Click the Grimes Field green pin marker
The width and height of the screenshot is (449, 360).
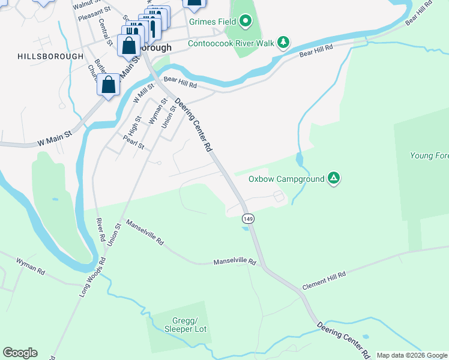click(245, 23)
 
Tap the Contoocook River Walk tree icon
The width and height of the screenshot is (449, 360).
click(283, 43)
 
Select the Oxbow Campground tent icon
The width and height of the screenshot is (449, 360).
click(334, 178)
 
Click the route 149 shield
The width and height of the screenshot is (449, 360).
click(248, 218)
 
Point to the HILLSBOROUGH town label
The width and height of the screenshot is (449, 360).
click(50, 56)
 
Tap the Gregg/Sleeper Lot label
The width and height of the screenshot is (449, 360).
click(177, 324)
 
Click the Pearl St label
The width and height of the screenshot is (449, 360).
click(133, 142)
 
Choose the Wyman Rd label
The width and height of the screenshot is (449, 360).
click(31, 267)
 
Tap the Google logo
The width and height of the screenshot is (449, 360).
click(20, 353)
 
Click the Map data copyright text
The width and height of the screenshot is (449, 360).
click(412, 355)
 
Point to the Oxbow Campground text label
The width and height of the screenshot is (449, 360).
click(286, 179)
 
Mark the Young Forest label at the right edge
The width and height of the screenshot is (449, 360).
click(429, 156)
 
